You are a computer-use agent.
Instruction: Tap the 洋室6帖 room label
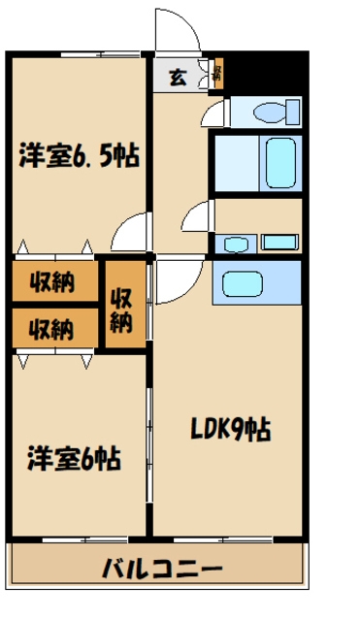point(74,457)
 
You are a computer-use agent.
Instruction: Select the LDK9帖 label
point(230,426)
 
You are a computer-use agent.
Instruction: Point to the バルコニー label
point(162,569)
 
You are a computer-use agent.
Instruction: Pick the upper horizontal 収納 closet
point(53,282)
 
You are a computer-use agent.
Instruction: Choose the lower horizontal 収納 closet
point(53,328)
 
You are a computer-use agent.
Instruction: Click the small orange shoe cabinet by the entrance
point(217,74)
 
